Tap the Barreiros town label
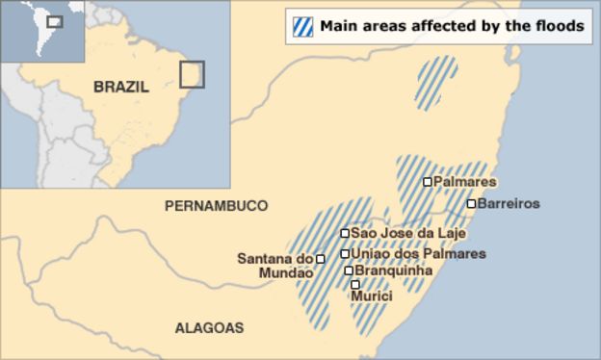[x=509, y=203]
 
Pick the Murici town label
[x=372, y=296]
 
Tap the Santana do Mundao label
[x=275, y=265]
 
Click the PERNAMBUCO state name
[x=216, y=206]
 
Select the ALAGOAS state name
[x=209, y=327]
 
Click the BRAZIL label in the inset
[x=121, y=87]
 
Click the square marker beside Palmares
[x=427, y=181]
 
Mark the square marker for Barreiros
[x=471, y=203]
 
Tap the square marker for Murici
[x=355, y=284]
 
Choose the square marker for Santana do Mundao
[x=320, y=258]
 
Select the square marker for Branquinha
[x=349, y=270]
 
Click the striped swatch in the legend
[x=302, y=27]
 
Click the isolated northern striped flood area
[x=435, y=80]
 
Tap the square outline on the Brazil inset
[x=192, y=74]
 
